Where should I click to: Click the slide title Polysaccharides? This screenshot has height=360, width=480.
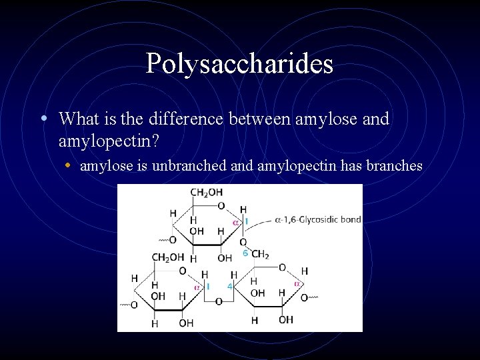click(x=239, y=64)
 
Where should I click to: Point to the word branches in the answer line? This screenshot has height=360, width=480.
click(x=393, y=165)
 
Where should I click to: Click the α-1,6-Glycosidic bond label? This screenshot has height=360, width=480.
click(x=318, y=219)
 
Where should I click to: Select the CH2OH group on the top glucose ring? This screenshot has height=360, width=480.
click(x=207, y=193)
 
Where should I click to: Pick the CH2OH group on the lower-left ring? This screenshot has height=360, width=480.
click(x=168, y=257)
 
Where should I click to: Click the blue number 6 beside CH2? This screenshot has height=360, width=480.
click(x=245, y=253)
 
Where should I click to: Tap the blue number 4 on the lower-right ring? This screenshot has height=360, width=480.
click(x=229, y=286)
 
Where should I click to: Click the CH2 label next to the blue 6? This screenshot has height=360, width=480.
click(x=260, y=254)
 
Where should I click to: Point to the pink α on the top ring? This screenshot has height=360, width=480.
click(x=235, y=221)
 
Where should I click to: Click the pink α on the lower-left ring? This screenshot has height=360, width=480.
click(x=197, y=287)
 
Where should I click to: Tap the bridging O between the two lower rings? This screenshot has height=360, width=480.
click(x=218, y=301)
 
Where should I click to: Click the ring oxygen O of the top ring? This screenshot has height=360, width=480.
click(x=221, y=206)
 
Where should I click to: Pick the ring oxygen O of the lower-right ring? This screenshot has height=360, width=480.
click(x=283, y=267)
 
